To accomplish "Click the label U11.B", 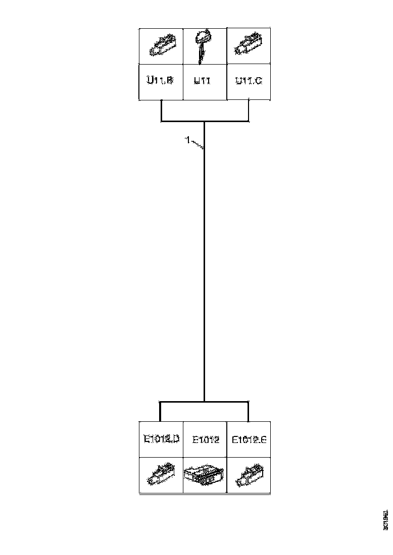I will point(160,80).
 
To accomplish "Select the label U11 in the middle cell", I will point(204,80).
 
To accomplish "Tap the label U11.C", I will point(248,80).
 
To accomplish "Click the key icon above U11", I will point(203,46).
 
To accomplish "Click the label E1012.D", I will point(161,439).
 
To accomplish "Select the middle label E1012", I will point(205,439).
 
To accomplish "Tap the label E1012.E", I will point(249,439).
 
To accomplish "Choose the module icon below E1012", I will point(204,476).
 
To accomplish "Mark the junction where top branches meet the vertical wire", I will point(204,122).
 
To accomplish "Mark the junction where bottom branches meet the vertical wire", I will point(204,402).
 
